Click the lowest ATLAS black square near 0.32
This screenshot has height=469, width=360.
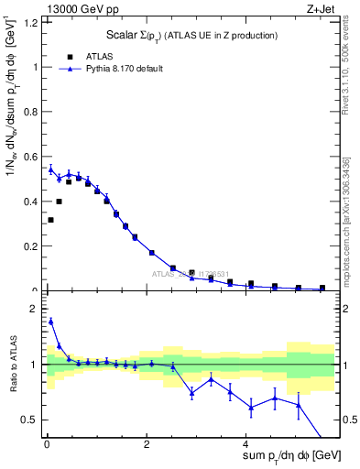(51, 220)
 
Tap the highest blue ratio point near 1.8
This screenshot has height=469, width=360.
(51, 322)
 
